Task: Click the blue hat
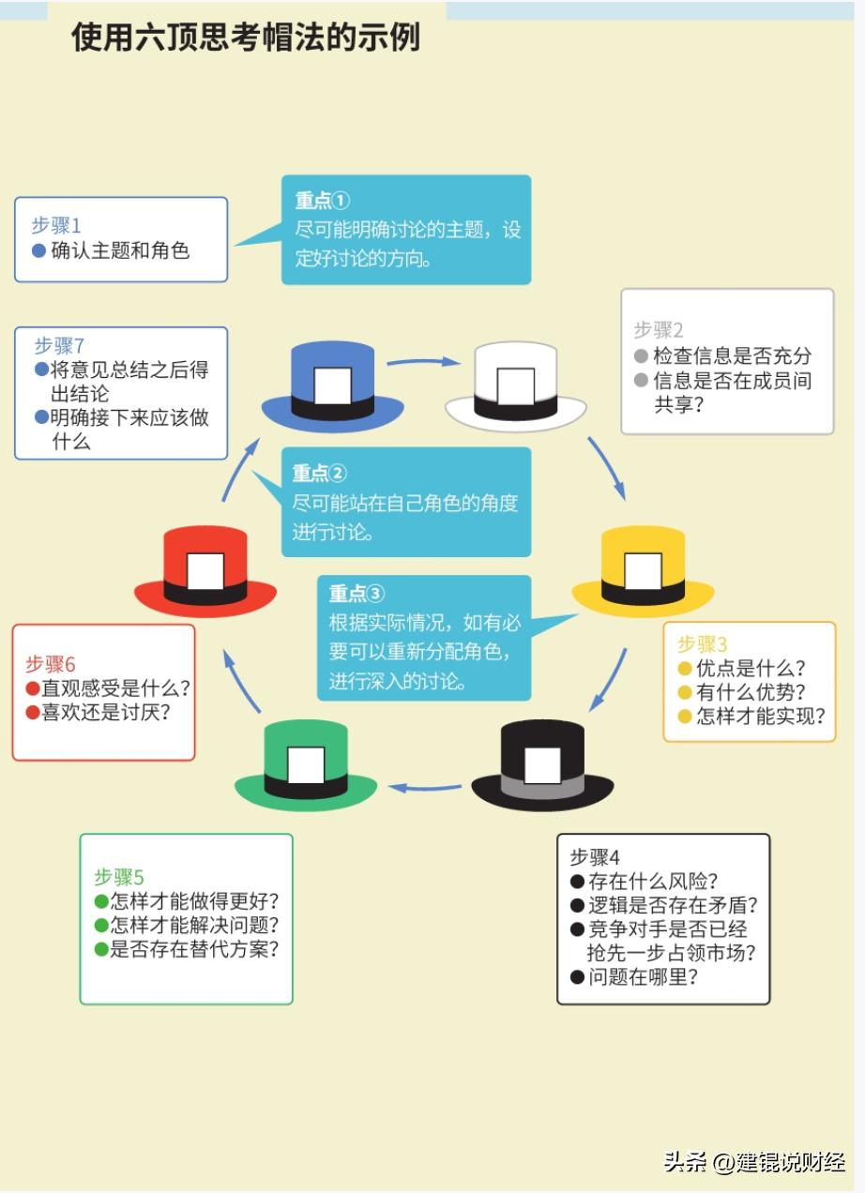332,386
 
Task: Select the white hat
516,386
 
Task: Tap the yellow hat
643,571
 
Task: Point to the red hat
205,571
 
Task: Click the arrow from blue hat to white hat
423,362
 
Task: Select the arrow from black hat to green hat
424,787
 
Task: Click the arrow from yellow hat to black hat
608,680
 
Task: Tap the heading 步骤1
56,226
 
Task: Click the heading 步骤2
659,330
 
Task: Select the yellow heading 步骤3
702,644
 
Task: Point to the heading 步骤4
595,857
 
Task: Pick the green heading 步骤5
119,877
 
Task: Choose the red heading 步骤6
51,665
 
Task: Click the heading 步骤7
60,346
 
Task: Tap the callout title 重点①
322,201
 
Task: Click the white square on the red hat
205,571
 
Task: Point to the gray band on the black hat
543,786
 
